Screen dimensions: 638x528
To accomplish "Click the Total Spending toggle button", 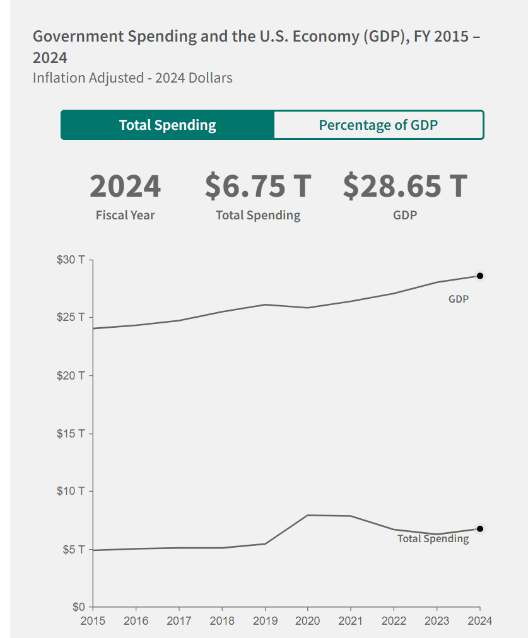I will [167, 125].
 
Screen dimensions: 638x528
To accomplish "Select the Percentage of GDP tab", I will [378, 125].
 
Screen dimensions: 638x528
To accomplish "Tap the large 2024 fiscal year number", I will [125, 186].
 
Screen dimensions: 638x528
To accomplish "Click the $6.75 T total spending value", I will [258, 186].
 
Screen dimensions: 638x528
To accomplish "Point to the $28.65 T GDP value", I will [405, 186].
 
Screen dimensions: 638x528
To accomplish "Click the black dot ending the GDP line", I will [480, 275].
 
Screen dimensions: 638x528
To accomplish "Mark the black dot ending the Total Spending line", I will [480, 529].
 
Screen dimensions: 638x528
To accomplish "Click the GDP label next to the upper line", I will [459, 299].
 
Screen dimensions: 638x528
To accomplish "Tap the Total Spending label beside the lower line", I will [433, 539].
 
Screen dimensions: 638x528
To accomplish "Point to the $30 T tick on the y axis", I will [71, 260].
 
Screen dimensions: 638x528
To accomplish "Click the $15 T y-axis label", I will [71, 434].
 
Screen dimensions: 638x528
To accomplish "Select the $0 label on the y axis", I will [77, 607].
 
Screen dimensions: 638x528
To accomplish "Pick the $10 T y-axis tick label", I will [71, 491].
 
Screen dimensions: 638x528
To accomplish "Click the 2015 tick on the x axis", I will [93, 621].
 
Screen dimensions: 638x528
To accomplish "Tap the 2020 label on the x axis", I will [307, 621].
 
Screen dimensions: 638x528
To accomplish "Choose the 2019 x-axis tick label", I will [264, 621].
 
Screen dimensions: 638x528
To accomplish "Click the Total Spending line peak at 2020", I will [307, 515].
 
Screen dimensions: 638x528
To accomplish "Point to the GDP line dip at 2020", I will [307, 308].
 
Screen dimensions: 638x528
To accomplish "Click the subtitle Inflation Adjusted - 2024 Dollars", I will [132, 78].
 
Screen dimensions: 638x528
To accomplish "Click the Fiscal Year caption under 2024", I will [125, 215].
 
